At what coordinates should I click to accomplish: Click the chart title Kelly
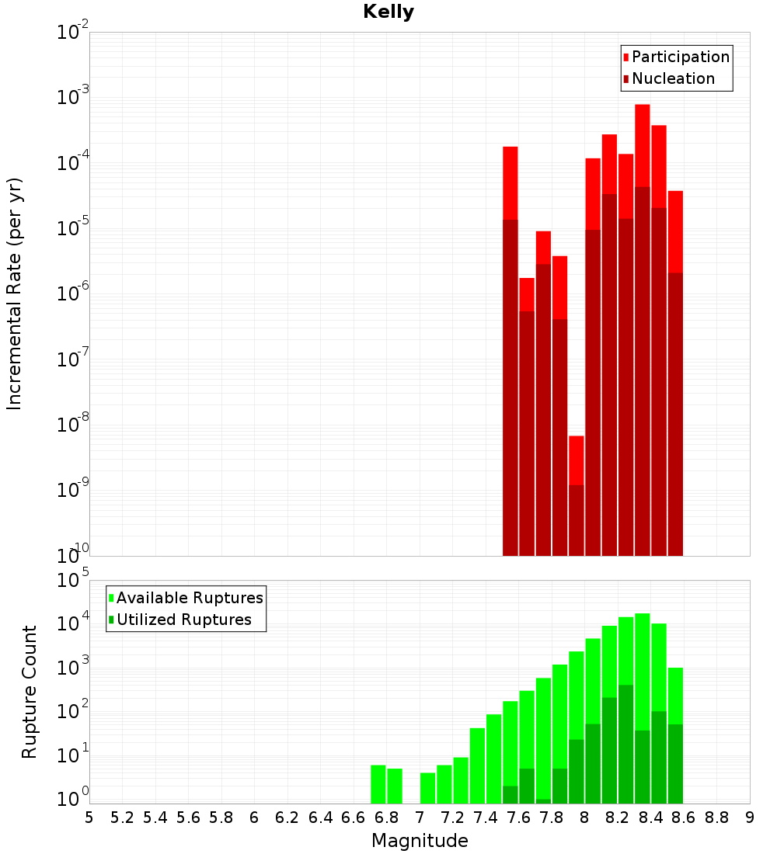pos(388,12)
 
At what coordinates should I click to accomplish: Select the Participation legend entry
pos(681,57)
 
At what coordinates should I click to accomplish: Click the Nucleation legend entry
pos(673,78)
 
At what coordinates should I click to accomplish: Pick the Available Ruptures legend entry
pos(190,598)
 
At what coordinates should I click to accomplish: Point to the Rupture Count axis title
pos(30,691)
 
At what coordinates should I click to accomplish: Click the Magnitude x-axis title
pos(420,841)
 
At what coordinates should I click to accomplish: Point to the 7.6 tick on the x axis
pos(519,818)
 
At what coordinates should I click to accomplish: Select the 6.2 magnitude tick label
pos(287,818)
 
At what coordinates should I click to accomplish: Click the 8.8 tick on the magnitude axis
pos(717,818)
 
